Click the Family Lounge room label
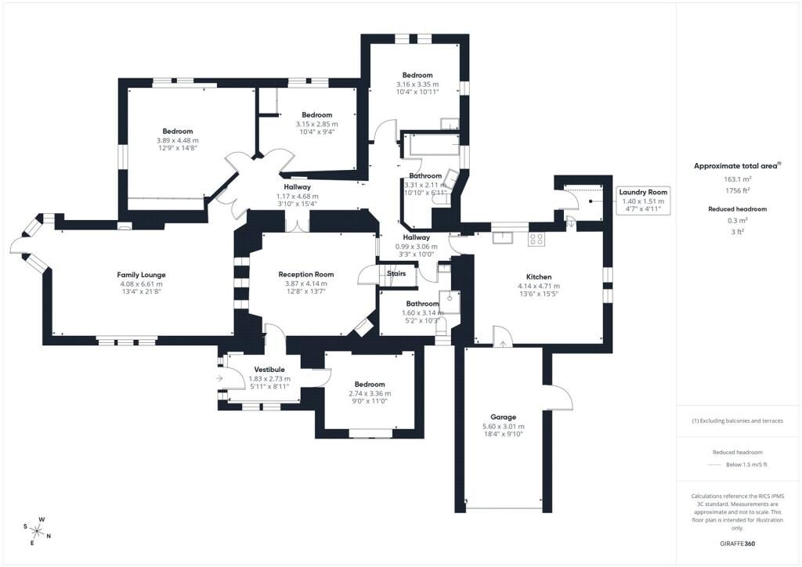(x=141, y=275)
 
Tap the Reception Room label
(x=306, y=275)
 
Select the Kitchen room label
(x=539, y=277)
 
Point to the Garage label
(x=504, y=417)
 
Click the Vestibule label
(x=269, y=370)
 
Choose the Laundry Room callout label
(x=643, y=192)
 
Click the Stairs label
(x=396, y=273)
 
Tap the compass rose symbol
(x=38, y=531)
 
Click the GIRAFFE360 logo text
(x=737, y=544)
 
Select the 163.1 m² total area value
(x=737, y=179)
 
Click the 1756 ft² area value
(x=737, y=191)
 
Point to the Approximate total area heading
(x=737, y=166)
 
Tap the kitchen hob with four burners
(x=536, y=239)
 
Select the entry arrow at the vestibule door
(x=219, y=378)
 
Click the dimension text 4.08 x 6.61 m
(x=141, y=284)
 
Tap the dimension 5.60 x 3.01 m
(x=504, y=426)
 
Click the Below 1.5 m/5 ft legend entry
(x=746, y=464)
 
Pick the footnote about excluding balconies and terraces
(x=737, y=421)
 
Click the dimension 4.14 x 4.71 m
(x=539, y=287)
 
